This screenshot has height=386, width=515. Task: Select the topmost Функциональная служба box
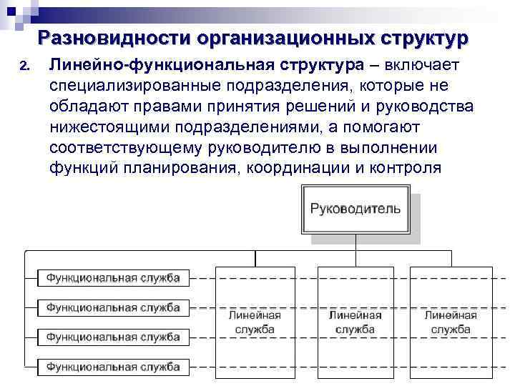point(113,277)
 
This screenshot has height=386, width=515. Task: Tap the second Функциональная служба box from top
point(113,307)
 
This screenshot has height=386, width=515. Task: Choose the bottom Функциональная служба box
point(113,367)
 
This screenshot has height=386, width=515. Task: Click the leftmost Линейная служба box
point(255,322)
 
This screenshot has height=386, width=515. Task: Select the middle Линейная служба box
point(355,322)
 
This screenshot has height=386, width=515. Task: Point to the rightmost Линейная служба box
point(451,322)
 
